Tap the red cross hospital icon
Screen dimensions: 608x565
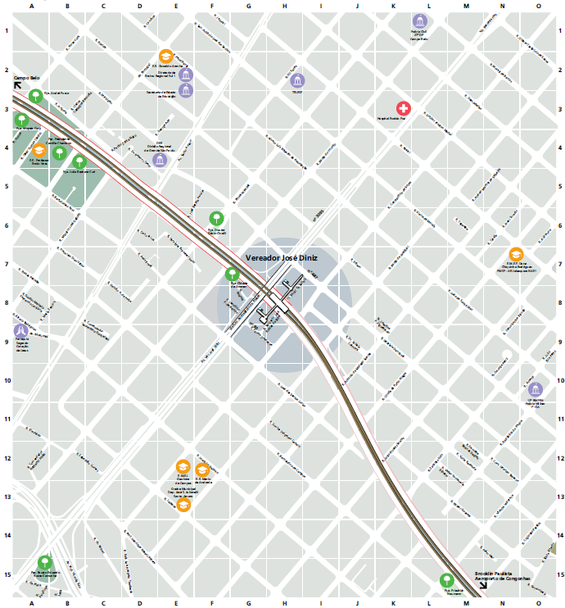(x=403, y=108)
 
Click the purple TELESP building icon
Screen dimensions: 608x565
(x=297, y=80)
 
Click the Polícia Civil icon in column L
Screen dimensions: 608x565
(x=418, y=20)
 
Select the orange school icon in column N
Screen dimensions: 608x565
(x=515, y=254)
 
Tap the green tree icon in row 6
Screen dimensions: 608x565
(x=216, y=218)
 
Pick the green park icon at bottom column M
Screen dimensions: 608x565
(x=446, y=579)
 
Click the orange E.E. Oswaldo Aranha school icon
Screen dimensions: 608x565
(x=166, y=57)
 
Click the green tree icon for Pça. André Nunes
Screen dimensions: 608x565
(x=36, y=96)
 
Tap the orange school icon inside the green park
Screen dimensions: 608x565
(x=39, y=151)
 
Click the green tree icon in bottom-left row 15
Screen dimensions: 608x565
(x=45, y=561)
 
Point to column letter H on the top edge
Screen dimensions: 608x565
(x=284, y=6)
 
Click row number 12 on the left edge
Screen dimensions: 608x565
(x=7, y=458)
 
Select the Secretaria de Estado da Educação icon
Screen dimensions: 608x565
(x=187, y=88)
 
